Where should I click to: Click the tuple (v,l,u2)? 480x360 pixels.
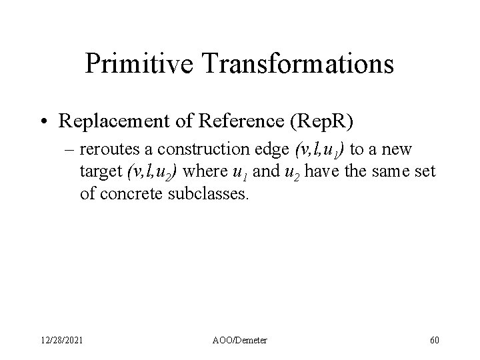[152, 171]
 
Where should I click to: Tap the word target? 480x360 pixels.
[99, 171]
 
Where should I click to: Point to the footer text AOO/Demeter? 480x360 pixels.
[239, 340]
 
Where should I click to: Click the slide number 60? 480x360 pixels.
[435, 340]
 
